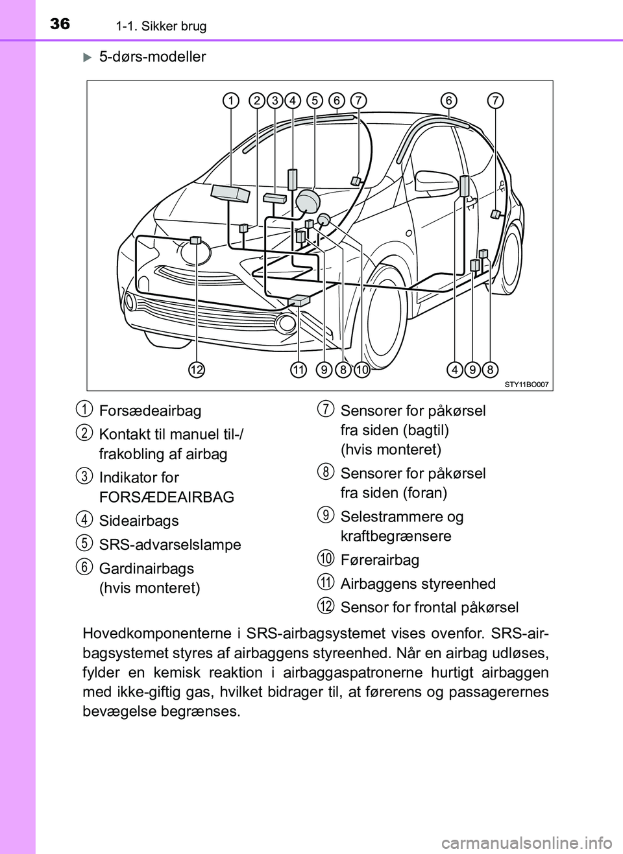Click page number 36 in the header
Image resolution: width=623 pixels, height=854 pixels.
(x=60, y=24)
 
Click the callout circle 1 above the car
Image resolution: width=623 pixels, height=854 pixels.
(x=231, y=101)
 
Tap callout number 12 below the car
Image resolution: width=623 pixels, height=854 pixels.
(x=197, y=370)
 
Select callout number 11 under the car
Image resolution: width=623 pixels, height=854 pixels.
(x=298, y=370)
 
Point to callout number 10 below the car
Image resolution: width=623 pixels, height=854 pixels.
(x=361, y=370)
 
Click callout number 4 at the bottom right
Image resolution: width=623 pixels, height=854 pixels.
(x=455, y=370)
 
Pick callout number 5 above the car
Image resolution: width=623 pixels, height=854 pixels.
(x=315, y=101)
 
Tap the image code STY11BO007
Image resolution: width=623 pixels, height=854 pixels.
(x=526, y=385)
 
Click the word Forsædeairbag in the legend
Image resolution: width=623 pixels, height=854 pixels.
(x=150, y=410)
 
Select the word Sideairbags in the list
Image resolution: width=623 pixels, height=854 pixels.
(x=139, y=521)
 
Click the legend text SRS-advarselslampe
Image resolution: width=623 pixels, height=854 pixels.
(x=170, y=545)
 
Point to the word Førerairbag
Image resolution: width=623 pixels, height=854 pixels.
(x=380, y=560)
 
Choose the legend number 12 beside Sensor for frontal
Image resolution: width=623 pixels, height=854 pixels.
(x=326, y=606)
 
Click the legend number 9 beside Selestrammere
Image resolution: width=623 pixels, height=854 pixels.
(x=326, y=516)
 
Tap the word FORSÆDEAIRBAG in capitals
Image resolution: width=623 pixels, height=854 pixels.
(x=167, y=497)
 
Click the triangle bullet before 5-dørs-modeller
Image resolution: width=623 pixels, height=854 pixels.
(x=88, y=57)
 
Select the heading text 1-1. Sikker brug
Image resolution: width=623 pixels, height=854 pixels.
(x=161, y=27)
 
